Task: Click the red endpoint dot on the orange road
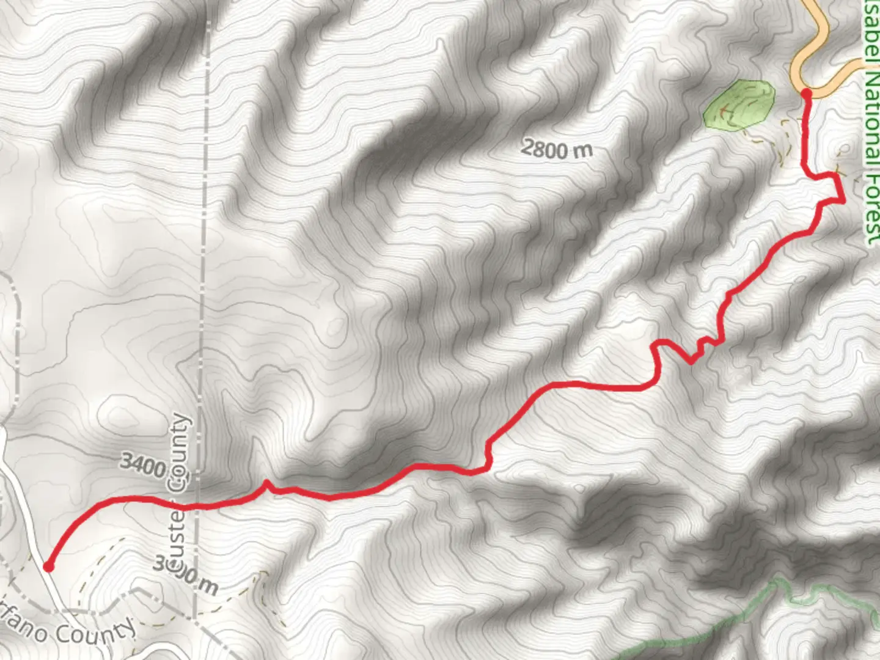[806, 93]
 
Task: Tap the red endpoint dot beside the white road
[48, 567]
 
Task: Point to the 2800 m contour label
[557, 148]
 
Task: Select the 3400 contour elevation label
[142, 465]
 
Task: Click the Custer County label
[178, 489]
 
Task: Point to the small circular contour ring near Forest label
[845, 148]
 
